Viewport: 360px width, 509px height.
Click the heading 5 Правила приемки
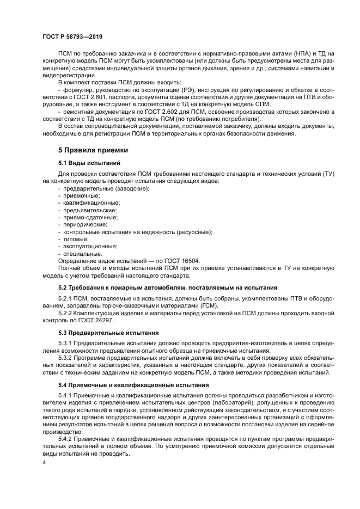[x=93, y=149]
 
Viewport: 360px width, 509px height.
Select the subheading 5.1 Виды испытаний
[x=90, y=163]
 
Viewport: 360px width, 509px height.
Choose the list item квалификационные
[x=89, y=203]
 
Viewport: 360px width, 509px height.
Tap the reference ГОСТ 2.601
[x=95, y=96]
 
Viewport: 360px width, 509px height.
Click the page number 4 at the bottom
[x=44, y=463]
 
